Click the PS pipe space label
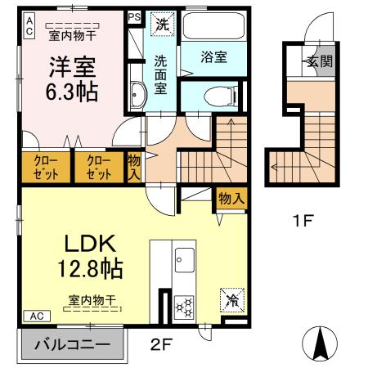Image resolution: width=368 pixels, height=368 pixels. [134, 17]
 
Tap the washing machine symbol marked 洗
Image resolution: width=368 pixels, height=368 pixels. [163, 24]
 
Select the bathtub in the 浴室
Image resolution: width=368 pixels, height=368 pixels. [213, 26]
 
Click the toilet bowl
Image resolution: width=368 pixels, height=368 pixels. [220, 96]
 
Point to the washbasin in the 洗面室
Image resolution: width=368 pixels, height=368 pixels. [138, 95]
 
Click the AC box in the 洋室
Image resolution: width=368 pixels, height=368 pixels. [29, 27]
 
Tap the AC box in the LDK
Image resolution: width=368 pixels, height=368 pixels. [37, 316]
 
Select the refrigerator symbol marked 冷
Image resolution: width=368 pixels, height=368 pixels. [232, 300]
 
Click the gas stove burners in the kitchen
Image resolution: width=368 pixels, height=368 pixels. [184, 307]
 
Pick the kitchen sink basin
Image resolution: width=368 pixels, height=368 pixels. [185, 260]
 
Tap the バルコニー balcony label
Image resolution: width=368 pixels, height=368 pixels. [73, 344]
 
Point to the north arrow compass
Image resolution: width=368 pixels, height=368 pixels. [320, 343]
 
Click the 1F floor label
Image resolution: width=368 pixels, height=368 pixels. [303, 220]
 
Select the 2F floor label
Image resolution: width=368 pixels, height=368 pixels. [161, 344]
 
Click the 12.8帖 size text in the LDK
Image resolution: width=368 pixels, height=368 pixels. [90, 268]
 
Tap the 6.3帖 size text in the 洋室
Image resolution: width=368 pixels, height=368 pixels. [71, 92]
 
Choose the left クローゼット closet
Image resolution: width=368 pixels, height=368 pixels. [46, 168]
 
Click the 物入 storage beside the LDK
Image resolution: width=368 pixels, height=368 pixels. [231, 198]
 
